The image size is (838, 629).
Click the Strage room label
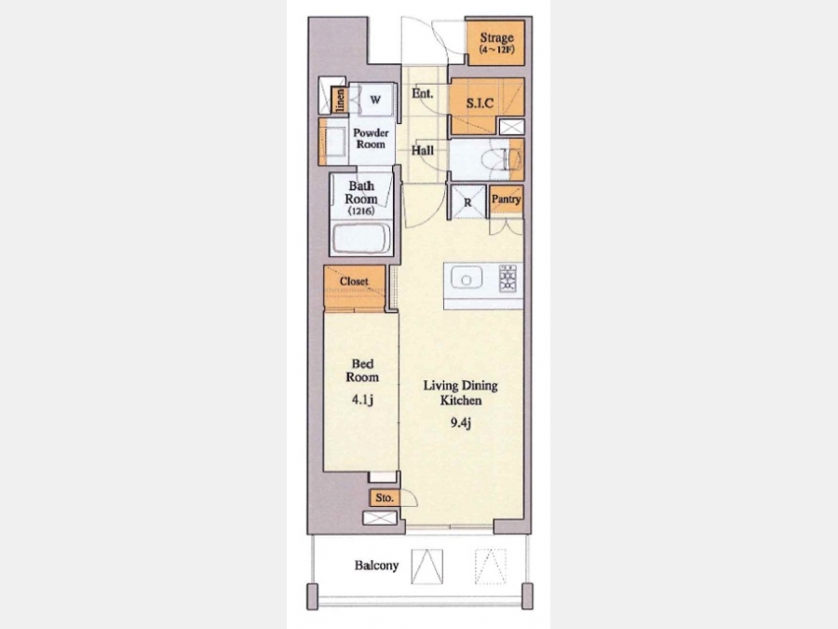point(496,37)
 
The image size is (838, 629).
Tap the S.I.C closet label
point(480,103)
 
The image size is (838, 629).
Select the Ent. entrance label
point(422,93)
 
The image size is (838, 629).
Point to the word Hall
point(422,150)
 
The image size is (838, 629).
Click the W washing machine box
point(376,99)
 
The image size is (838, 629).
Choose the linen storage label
point(339,100)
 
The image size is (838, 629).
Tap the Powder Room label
point(371,138)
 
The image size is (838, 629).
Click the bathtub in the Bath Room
point(361,239)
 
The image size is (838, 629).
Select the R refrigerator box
point(468,202)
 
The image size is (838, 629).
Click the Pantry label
point(507,199)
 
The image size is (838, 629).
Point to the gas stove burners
point(507,278)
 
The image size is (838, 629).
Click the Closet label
point(355,280)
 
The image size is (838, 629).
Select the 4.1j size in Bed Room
point(362,400)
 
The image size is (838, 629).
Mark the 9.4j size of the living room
point(460,423)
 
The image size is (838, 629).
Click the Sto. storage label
point(385,498)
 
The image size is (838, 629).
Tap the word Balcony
point(377,566)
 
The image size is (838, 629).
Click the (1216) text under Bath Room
point(361,212)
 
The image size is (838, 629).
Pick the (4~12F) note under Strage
point(497,49)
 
